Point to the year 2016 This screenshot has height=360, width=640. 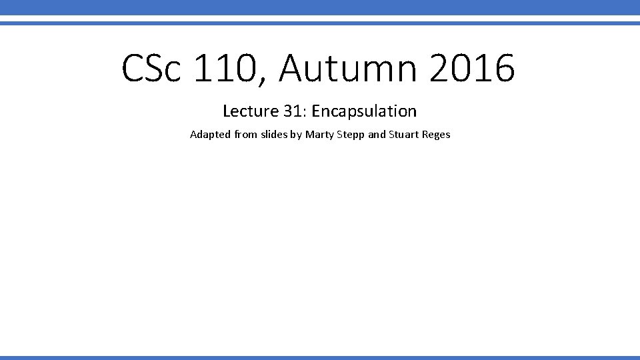(472, 69)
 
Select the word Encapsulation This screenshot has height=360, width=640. (363, 111)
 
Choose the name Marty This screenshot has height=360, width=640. (319, 135)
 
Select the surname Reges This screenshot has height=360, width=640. (437, 135)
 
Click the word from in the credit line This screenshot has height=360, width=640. (245, 135)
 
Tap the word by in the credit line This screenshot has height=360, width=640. (296, 135)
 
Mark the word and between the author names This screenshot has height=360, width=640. (377, 135)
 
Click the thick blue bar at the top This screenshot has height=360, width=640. (320, 7)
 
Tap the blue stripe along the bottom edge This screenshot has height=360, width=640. (320, 357)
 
